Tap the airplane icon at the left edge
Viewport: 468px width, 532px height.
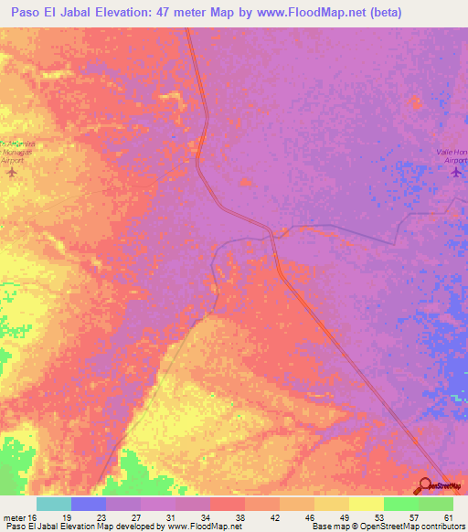[x=12, y=172]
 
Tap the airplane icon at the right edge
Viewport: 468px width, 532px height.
[x=456, y=173]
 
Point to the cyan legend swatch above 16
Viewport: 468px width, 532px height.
[x=54, y=504]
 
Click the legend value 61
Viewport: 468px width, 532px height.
[x=448, y=516]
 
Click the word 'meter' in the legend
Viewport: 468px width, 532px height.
[x=15, y=516]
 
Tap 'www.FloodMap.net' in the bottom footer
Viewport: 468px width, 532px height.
[x=203, y=527]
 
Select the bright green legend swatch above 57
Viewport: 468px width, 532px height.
[x=400, y=504]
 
